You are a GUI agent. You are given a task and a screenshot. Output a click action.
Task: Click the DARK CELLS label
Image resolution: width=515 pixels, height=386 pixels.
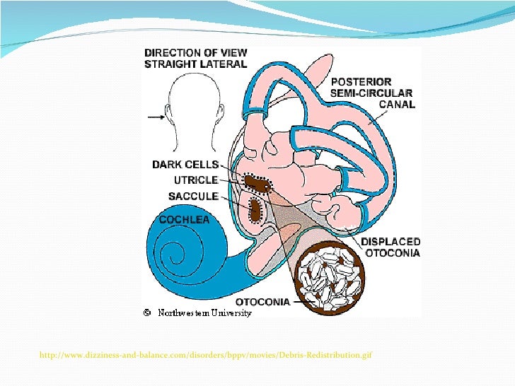click(185, 165)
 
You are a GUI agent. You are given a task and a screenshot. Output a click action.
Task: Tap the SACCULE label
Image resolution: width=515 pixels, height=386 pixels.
click(192, 196)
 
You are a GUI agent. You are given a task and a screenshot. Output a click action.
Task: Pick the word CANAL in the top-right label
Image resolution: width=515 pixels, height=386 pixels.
click(396, 105)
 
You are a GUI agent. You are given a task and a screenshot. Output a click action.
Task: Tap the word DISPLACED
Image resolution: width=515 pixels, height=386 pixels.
click(391, 241)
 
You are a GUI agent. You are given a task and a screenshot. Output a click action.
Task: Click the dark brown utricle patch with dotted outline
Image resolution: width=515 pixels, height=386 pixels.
click(257, 184)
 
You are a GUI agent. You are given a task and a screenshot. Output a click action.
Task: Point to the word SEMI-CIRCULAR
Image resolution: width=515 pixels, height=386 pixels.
click(372, 93)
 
